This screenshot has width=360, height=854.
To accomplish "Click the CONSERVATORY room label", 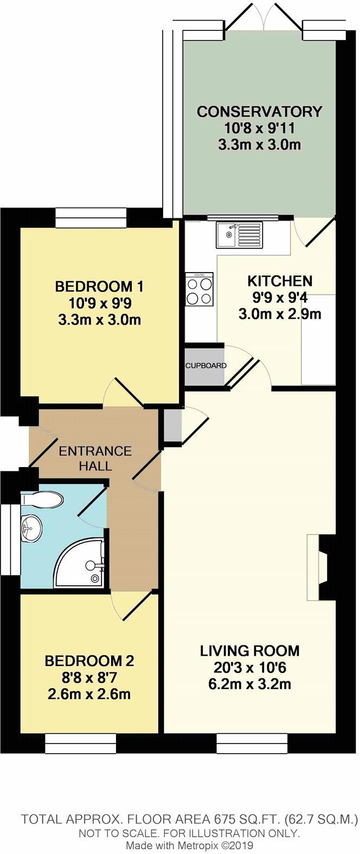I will pos(259,112).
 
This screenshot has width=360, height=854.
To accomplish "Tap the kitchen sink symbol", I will pos(239,234).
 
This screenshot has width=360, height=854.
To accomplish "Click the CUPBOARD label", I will pos(205,366).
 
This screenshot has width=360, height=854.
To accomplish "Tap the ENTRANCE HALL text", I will pos(95,458).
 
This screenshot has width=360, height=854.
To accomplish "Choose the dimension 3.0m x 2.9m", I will pos(279,314).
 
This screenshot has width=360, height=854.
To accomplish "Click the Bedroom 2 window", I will pos(80,743).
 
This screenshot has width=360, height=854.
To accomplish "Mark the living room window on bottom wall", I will pos(252,743).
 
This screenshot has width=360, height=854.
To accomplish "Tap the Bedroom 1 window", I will pos(91,218).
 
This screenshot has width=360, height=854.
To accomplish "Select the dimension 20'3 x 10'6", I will pos(249,667).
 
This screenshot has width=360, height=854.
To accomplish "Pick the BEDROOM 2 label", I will pos(89,661).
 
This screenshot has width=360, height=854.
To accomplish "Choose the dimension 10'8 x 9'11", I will pos(259,128).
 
